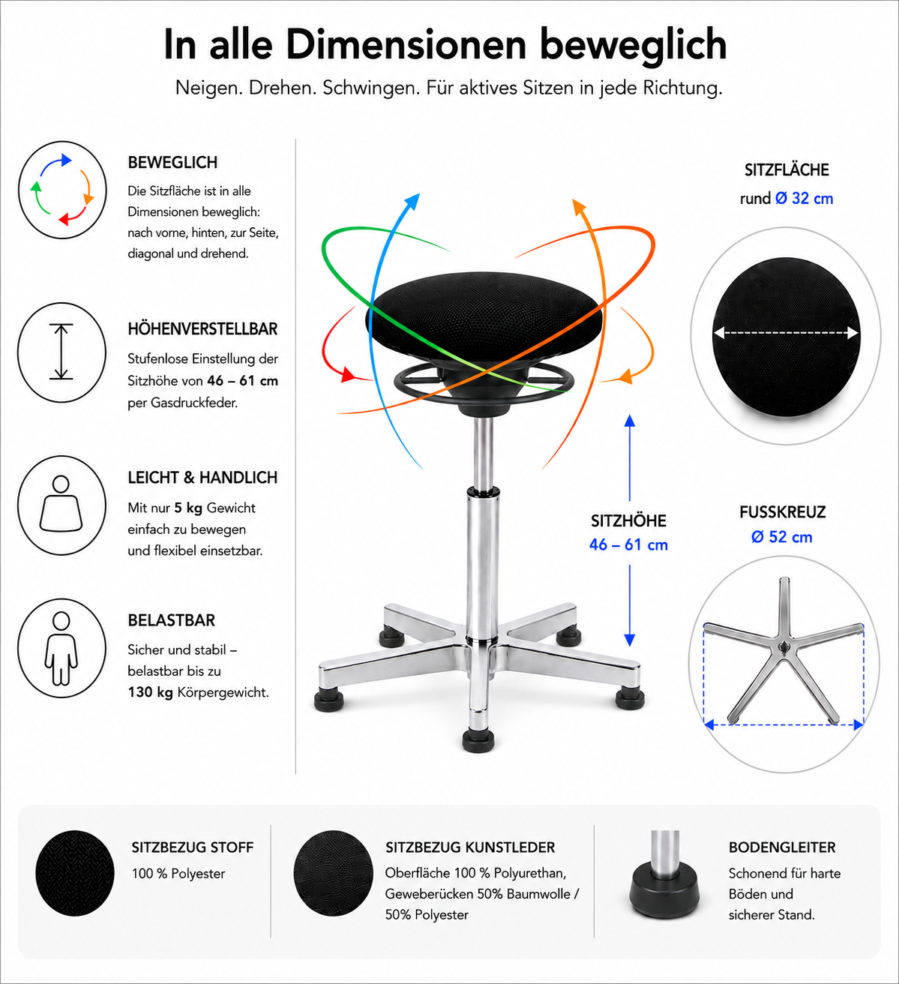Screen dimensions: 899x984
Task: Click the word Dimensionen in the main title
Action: pos(406,45)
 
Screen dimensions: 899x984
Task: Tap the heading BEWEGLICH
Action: pos(172,162)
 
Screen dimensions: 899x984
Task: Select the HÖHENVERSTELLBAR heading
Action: pos(202,328)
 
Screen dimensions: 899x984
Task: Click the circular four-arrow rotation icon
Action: pos(62,190)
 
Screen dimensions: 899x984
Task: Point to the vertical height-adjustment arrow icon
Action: pos(61,352)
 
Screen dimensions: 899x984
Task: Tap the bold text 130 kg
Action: pos(150,692)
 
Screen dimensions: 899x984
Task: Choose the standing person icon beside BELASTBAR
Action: pos(61,649)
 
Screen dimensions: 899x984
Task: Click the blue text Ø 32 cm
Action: pos(805,198)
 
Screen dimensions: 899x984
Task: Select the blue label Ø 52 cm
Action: pos(782,537)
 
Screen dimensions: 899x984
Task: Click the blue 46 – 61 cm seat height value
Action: pos(628,544)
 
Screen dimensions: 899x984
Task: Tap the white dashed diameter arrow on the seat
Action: pos(786,333)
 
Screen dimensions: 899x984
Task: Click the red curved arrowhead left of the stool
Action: pos(348,374)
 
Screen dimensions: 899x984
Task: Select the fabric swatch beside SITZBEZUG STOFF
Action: pos(74,873)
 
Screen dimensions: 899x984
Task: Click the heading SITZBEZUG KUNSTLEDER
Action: pos(470,847)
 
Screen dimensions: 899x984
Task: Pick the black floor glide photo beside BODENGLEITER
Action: pos(664,874)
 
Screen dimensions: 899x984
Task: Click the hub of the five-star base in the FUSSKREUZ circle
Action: pos(784,649)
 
